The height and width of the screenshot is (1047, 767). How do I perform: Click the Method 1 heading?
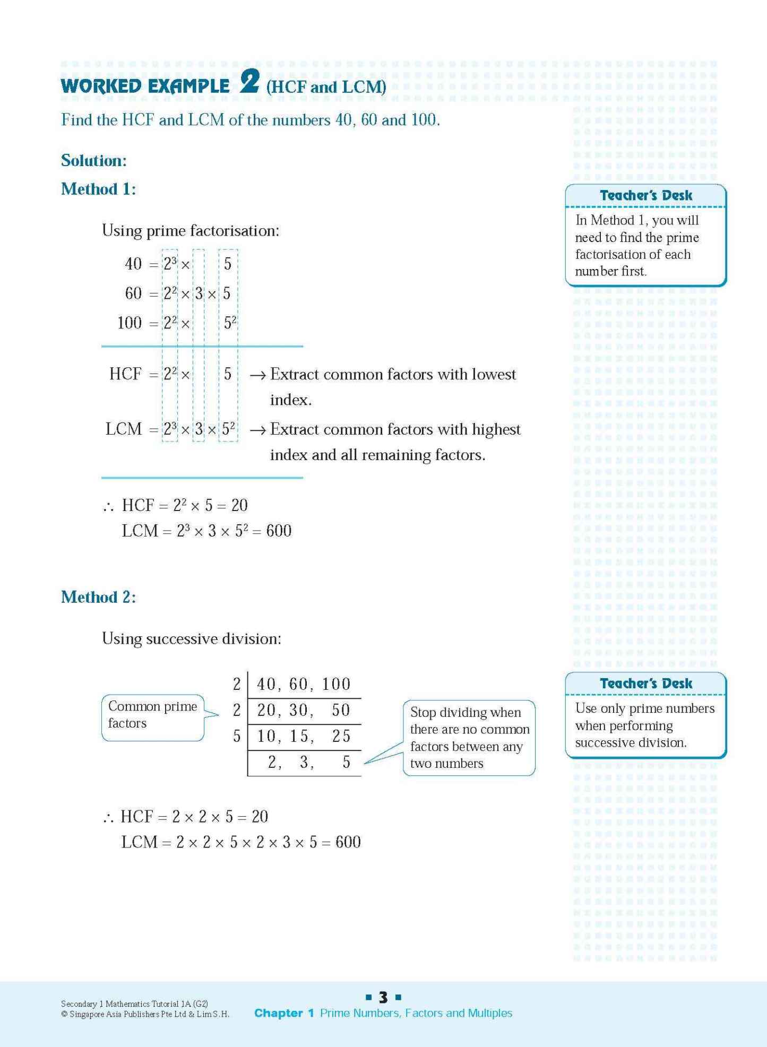pyautogui.click(x=98, y=189)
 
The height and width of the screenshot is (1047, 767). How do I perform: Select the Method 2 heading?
pyautogui.click(x=98, y=597)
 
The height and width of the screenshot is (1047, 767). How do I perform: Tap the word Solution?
pyautogui.click(x=93, y=160)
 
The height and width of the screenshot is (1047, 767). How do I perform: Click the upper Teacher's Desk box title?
pyautogui.click(x=645, y=195)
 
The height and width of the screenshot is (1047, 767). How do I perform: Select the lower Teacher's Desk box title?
pyautogui.click(x=645, y=683)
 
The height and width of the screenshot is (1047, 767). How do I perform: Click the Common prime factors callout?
pyautogui.click(x=152, y=715)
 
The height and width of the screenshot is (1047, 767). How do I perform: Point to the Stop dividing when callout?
pyautogui.click(x=469, y=738)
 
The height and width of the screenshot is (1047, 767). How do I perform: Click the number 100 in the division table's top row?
pyautogui.click(x=336, y=684)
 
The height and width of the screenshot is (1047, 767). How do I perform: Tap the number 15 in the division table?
pyautogui.click(x=299, y=736)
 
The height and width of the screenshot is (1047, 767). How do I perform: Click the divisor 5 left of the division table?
pyautogui.click(x=237, y=736)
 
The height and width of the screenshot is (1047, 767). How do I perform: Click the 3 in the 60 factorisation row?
pyautogui.click(x=199, y=293)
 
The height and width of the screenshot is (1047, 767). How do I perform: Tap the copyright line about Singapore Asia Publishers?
pyautogui.click(x=145, y=1014)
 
